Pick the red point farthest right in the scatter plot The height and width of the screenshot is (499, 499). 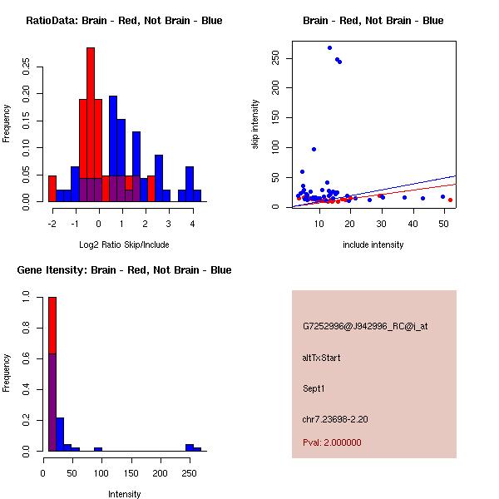450,200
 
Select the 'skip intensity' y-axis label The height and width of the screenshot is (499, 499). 255,125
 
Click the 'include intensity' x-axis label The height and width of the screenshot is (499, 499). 373,245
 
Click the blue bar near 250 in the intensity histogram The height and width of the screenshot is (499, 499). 190,447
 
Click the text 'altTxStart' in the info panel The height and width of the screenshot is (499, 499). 322,358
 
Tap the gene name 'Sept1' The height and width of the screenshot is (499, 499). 314,388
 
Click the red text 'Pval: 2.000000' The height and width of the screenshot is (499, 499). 332,442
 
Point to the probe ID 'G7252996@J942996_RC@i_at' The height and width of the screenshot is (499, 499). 365,327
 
